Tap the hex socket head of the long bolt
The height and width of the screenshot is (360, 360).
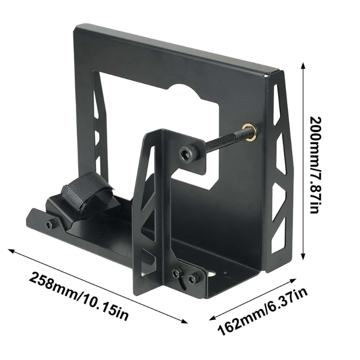click(186, 154)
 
